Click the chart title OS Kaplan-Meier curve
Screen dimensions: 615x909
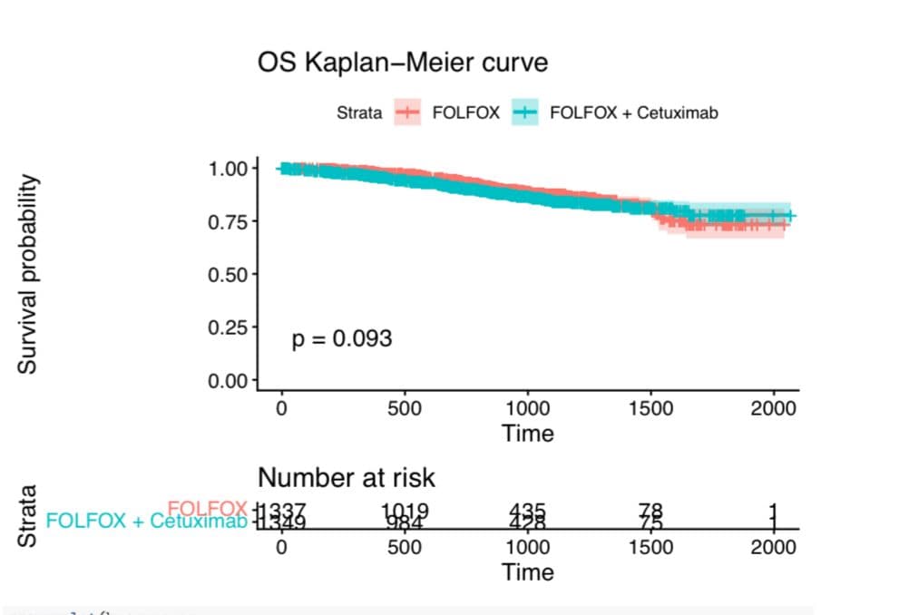[x=403, y=63]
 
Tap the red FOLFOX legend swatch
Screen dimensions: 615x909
[x=407, y=113]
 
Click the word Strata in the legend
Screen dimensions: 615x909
[x=359, y=113]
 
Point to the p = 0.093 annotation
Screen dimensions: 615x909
[x=342, y=339]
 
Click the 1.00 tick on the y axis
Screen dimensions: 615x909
[x=228, y=169]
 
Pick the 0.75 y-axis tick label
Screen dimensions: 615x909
[x=228, y=221]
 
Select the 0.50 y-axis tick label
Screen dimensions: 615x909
[x=228, y=274]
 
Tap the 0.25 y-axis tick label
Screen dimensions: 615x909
[x=228, y=327]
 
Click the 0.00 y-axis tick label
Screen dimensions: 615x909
[x=228, y=380]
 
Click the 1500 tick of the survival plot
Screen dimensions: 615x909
[x=650, y=408]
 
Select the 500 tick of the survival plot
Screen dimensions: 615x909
[x=404, y=408]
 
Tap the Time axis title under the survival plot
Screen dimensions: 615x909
[x=527, y=433]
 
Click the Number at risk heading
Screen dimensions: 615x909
[x=347, y=477]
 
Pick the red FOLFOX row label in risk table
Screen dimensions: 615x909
[x=207, y=508]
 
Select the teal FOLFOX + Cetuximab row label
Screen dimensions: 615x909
[x=145, y=521]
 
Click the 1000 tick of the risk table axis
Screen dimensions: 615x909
[x=527, y=547]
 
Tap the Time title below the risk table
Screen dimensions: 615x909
[x=527, y=571]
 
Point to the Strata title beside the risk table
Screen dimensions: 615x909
[x=28, y=517]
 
